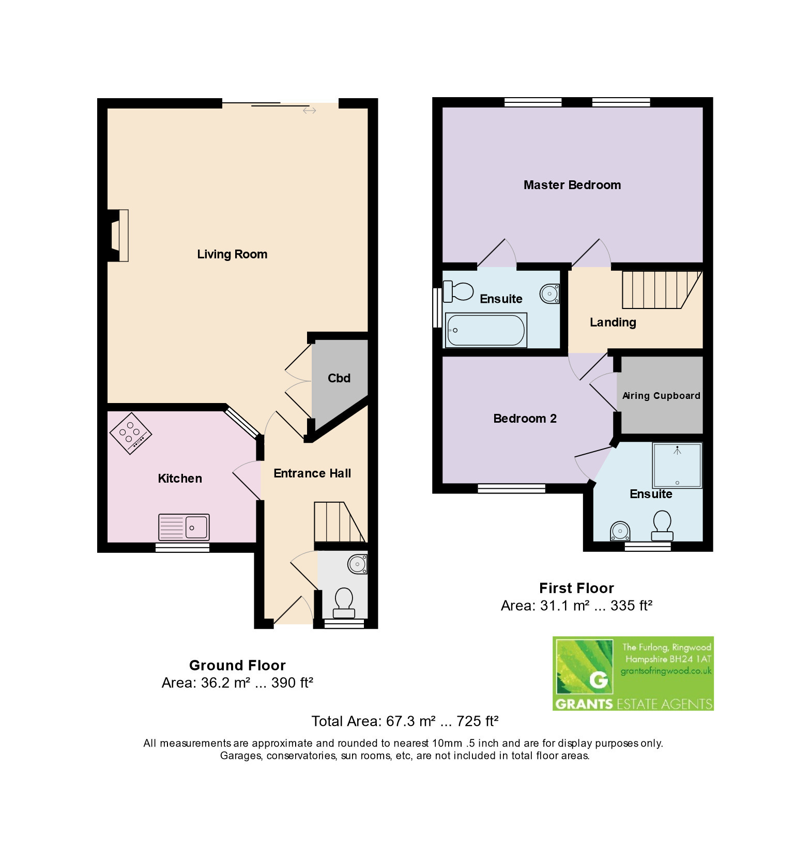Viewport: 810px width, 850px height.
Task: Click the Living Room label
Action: [x=232, y=254]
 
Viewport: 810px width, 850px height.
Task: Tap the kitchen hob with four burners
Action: [x=130, y=433]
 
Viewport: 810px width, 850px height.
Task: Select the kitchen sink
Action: [x=184, y=527]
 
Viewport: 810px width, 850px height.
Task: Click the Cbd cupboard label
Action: [x=339, y=378]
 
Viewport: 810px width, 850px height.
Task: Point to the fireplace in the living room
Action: [x=118, y=236]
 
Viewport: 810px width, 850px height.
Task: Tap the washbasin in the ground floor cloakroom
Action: [x=357, y=564]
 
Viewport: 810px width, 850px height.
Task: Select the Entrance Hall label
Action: [x=312, y=473]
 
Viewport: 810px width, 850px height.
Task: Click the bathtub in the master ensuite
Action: [x=485, y=330]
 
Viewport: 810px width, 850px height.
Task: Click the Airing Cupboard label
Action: [x=661, y=396]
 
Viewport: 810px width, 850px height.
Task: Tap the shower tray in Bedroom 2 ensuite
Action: [x=677, y=465]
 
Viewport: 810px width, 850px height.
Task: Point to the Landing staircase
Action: [x=661, y=290]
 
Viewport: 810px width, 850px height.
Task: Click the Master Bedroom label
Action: [x=572, y=185]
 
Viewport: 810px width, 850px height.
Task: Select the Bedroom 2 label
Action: [x=525, y=419]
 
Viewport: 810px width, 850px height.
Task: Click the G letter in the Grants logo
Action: [x=599, y=679]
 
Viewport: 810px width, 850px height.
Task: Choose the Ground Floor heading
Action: [x=237, y=665]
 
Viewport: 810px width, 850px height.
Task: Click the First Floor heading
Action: [x=576, y=588]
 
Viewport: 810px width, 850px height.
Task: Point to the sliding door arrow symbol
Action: [x=309, y=111]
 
